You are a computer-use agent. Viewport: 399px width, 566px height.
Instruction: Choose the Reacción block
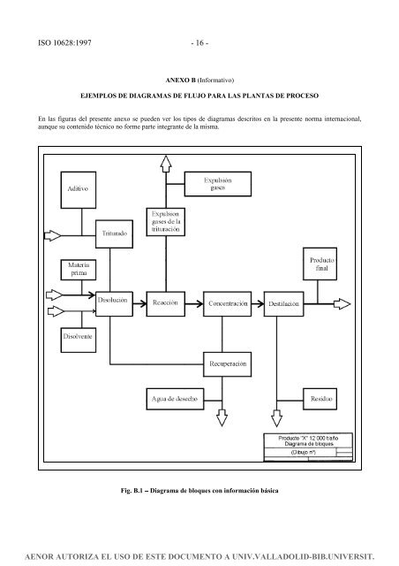[x=167, y=302]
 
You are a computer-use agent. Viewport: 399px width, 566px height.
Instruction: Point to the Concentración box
[x=228, y=302]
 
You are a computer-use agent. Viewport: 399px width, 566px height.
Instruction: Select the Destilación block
[x=286, y=302]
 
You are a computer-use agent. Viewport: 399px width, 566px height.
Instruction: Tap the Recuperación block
[x=228, y=363]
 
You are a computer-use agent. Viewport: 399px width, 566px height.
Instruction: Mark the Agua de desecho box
[x=173, y=399]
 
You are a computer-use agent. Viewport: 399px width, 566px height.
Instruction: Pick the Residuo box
[x=320, y=399]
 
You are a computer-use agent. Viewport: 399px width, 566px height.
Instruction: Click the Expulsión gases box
[x=220, y=184]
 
